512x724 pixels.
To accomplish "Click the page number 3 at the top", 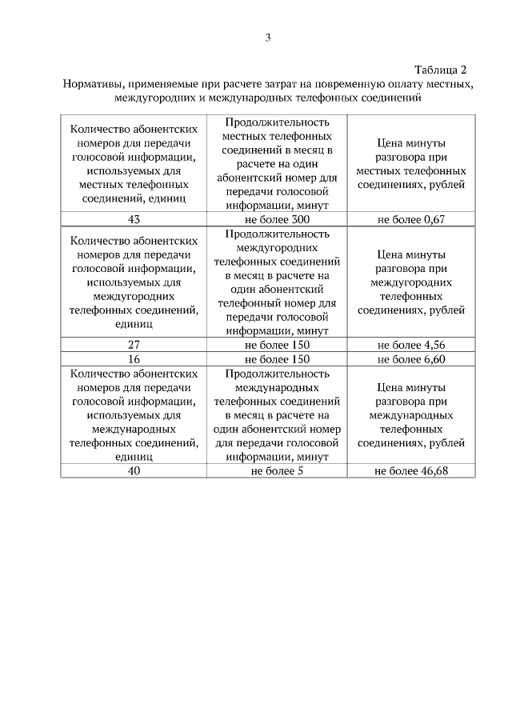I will pyautogui.click(x=268, y=37).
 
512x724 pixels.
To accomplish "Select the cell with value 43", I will pyautogui.click(x=134, y=219).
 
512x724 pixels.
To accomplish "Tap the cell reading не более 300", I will pyautogui.click(x=277, y=219).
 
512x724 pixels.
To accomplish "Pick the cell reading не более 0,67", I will pyautogui.click(x=410, y=219).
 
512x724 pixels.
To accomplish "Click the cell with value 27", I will pyautogui.click(x=134, y=345).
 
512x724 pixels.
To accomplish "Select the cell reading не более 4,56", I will pyautogui.click(x=410, y=345).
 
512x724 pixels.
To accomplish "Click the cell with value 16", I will pyautogui.click(x=134, y=359).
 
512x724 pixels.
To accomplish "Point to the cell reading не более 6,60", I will pyautogui.click(x=410, y=359).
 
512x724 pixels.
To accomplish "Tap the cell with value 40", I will pyautogui.click(x=134, y=470).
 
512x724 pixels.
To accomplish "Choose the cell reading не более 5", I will pyautogui.click(x=277, y=470).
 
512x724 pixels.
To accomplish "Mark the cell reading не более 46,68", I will pyautogui.click(x=410, y=470).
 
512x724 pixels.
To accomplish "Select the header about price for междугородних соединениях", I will pyautogui.click(x=410, y=282).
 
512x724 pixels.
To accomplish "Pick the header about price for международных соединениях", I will pyautogui.click(x=410, y=414).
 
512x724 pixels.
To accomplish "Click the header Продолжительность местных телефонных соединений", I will pyautogui.click(x=277, y=163).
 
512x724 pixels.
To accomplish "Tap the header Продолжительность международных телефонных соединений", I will pyautogui.click(x=277, y=414).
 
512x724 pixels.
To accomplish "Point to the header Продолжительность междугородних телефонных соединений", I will pyautogui.click(x=277, y=282).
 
